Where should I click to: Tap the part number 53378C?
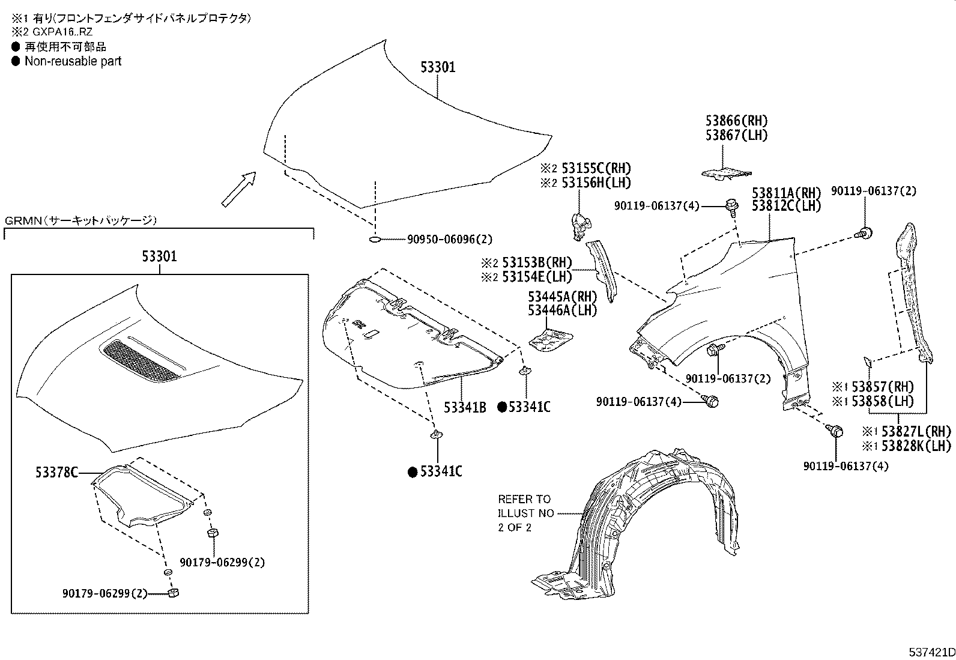[x=56, y=473]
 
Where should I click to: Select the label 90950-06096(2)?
[x=449, y=240]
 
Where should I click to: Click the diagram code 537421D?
[x=931, y=652]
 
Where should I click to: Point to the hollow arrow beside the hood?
[x=238, y=190]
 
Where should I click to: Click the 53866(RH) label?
[x=736, y=120]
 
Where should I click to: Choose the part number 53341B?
[x=465, y=407]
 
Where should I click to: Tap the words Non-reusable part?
[x=73, y=61]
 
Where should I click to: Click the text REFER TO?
[x=524, y=499]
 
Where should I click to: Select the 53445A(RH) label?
[x=563, y=296]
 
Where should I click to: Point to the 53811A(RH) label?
[x=786, y=193]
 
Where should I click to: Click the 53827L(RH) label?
[x=916, y=431]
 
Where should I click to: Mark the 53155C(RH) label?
[x=596, y=168]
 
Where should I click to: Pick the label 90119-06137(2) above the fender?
[x=873, y=191]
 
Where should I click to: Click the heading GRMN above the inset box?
[x=23, y=221]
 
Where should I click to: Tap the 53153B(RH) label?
[x=536, y=262]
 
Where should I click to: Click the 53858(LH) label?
[x=883, y=401]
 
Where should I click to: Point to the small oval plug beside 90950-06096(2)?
[x=375, y=240]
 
